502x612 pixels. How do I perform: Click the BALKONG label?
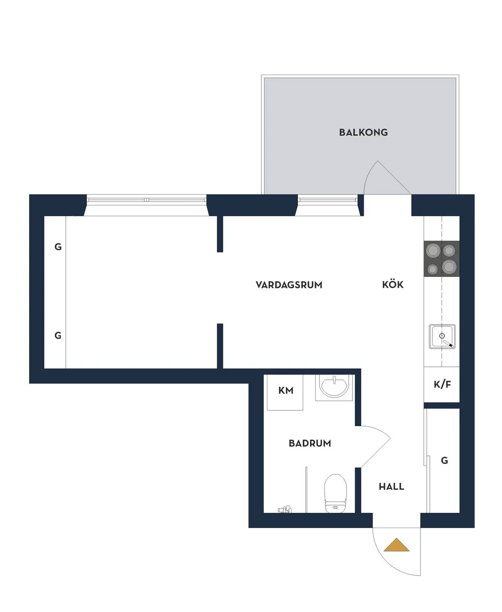(x=363, y=132)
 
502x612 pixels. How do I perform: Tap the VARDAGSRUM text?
(x=289, y=285)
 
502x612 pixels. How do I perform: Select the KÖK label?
(x=393, y=285)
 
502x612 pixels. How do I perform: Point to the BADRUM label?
(x=310, y=443)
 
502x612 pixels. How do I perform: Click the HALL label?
(x=391, y=487)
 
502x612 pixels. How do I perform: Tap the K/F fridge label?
(x=442, y=385)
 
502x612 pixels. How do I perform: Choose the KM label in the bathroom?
(x=286, y=391)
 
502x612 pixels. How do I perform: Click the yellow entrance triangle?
(x=396, y=545)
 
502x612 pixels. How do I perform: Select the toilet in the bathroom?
(x=335, y=493)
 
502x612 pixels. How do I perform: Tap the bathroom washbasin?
(x=334, y=387)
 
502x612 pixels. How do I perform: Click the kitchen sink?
(x=442, y=337)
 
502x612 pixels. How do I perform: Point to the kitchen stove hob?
(x=441, y=259)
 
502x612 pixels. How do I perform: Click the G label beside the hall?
(x=444, y=461)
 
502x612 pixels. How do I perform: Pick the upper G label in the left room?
(x=58, y=247)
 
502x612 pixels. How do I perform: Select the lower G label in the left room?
(x=58, y=336)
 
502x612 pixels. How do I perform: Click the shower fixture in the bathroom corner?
(x=285, y=509)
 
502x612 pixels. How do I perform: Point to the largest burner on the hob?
(x=449, y=266)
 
